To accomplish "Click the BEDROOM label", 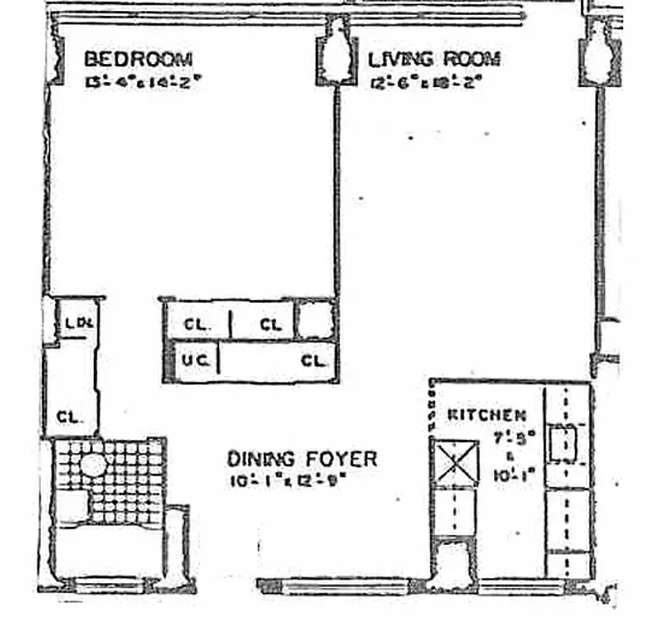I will click(138, 59).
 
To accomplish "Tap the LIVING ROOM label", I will click(434, 59).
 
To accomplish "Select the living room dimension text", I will click(425, 81).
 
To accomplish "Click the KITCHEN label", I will click(486, 415).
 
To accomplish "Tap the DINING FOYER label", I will click(302, 459).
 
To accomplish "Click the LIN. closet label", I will click(77, 323).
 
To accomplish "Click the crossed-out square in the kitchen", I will click(454, 462).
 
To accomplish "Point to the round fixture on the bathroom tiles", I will click(93, 465).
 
